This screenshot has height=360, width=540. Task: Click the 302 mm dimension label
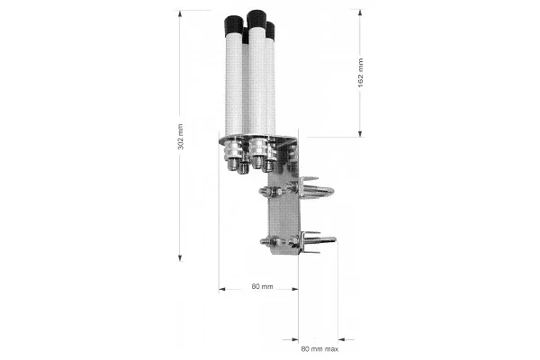[x=180, y=137]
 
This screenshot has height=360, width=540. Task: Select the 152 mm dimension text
[x=360, y=73]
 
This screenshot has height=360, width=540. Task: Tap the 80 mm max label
[x=319, y=349]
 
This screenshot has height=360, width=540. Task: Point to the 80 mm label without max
[x=263, y=286]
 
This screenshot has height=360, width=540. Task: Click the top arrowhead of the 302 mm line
[x=179, y=13]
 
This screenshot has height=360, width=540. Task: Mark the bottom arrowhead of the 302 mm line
[x=180, y=258]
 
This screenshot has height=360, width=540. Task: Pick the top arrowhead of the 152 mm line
[x=360, y=13]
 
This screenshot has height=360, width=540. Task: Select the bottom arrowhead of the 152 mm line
[x=360, y=134]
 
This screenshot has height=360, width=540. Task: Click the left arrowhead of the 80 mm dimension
[x=222, y=289]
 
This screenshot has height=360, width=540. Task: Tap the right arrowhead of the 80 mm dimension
[x=295, y=289]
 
